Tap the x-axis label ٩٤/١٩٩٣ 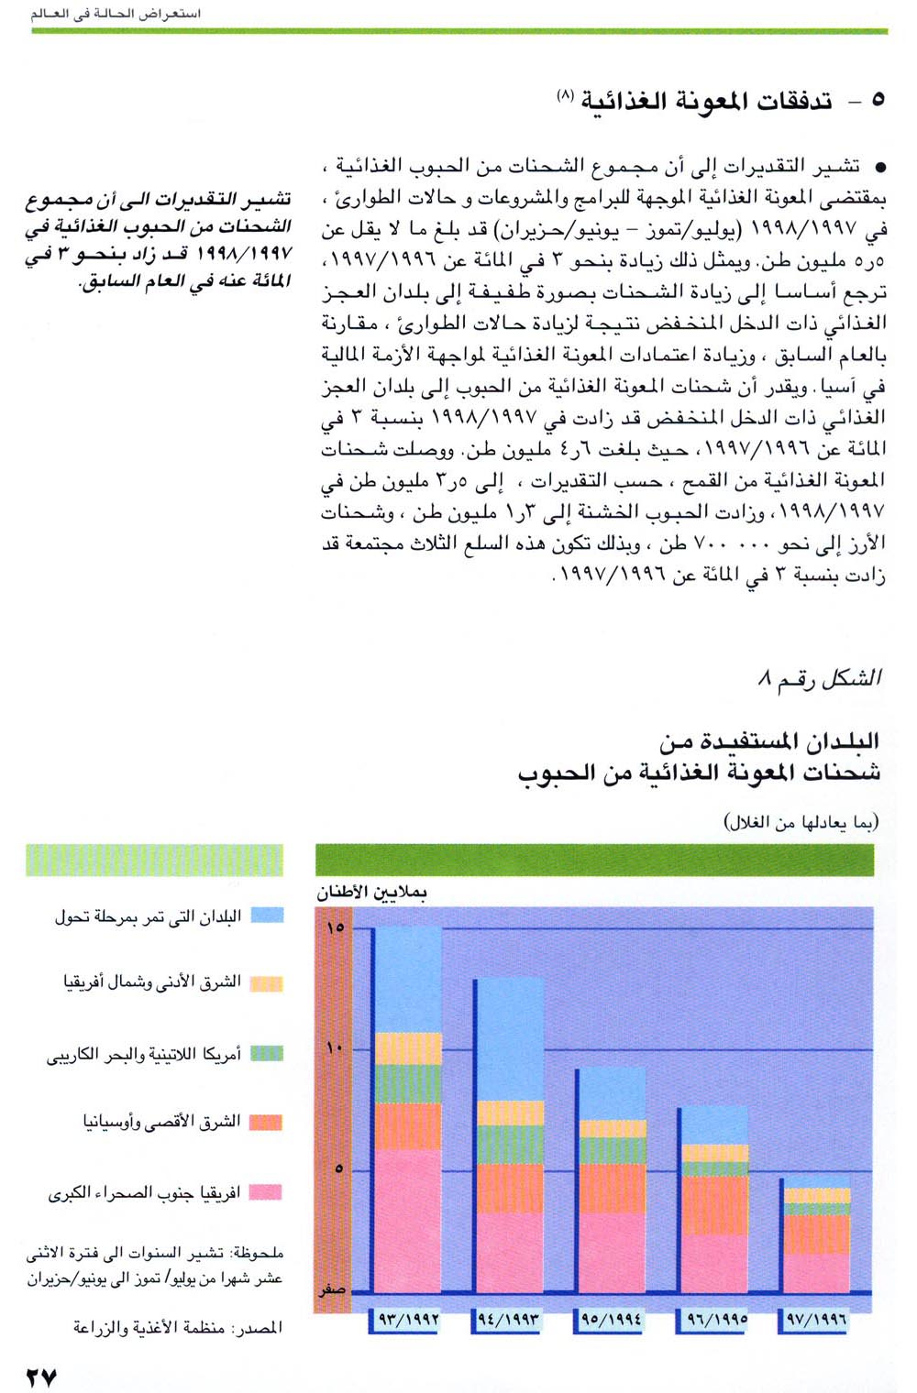pyautogui.click(x=509, y=1321)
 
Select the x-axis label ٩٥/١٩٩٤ pyautogui.click(x=612, y=1321)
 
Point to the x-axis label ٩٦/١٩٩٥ pyautogui.click(x=714, y=1321)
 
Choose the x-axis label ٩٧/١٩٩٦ pyautogui.click(x=815, y=1321)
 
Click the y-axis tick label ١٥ pyautogui.click(x=335, y=927)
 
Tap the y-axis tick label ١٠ pyautogui.click(x=335, y=1047)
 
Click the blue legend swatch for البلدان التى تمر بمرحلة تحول pyautogui.click(x=267, y=915)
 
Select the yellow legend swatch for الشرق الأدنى pyautogui.click(x=267, y=983)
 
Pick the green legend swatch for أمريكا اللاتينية pyautogui.click(x=267, y=1053)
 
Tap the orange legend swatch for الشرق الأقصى pyautogui.click(x=267, y=1122)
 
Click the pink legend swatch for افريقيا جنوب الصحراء pyautogui.click(x=267, y=1191)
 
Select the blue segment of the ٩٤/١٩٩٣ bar pyautogui.click(x=510, y=1038)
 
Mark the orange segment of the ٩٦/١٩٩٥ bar pyautogui.click(x=715, y=1204)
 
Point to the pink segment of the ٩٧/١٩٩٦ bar pyautogui.click(x=817, y=1272)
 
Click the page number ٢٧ pyautogui.click(x=42, y=1377)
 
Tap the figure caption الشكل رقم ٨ pyautogui.click(x=820, y=678)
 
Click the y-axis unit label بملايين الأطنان pyautogui.click(x=371, y=892)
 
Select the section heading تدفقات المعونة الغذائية pyautogui.click(x=706, y=101)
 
